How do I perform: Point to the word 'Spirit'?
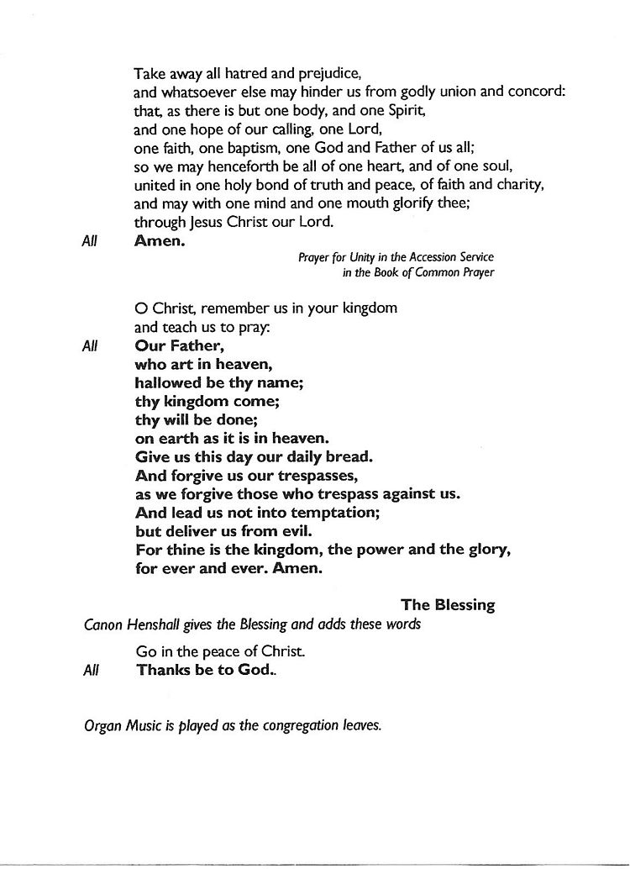pos(405,111)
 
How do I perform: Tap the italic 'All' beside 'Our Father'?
pos(91,345)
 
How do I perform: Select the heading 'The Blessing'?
pos(448,605)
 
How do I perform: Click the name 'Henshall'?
pos(161,624)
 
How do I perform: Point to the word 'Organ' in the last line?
pos(103,725)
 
